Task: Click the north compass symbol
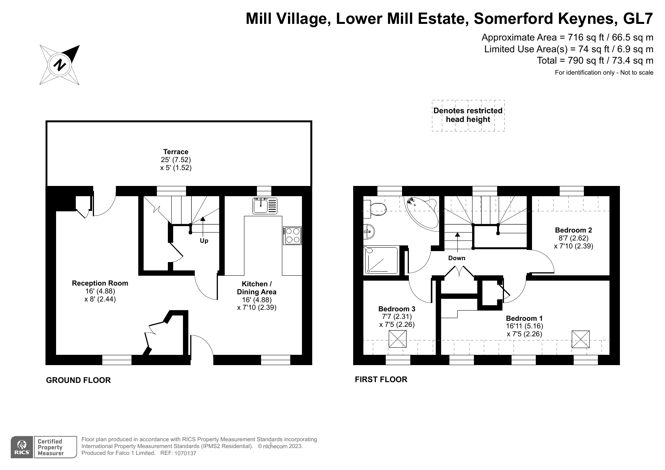coord(60,65)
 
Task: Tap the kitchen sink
coord(265,206)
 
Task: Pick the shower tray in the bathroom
coord(381,260)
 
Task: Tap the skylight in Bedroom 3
coord(397,339)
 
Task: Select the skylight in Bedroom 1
coord(581,339)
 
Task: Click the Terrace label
coord(176,152)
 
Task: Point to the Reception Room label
coord(100,283)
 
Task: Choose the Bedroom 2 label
coord(573,230)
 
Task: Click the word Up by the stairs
coord(204,241)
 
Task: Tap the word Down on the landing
coord(457,258)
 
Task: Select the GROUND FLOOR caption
coord(78,380)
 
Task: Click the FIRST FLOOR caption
coord(381,379)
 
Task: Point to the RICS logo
coord(22,447)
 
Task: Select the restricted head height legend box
coord(468,116)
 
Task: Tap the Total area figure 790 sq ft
coord(585,61)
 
